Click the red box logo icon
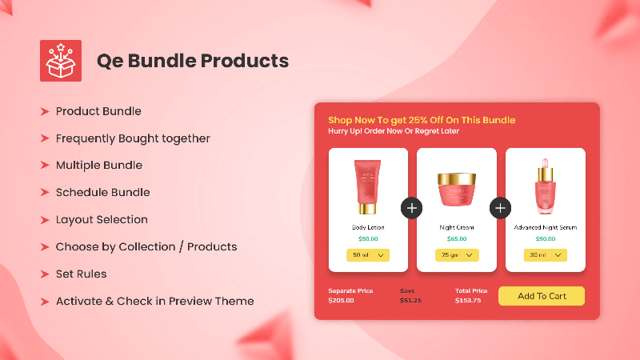coord(61,61)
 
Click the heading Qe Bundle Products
coord(193,61)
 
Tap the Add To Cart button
coord(542,296)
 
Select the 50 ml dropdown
coord(368,255)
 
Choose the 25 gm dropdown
coord(457,255)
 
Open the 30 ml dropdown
coord(546,255)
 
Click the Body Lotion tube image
coord(367,186)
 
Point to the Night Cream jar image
coord(457,190)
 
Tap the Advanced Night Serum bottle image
coord(546,186)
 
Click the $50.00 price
coord(368,238)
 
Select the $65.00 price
coord(457,238)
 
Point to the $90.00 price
coord(546,238)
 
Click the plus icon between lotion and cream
coord(412,208)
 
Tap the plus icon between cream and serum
coord(501,208)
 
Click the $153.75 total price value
coord(468,301)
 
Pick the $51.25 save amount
coord(410,301)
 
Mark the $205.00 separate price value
coord(342,301)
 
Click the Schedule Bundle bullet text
coord(103,192)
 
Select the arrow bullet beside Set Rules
coord(45,274)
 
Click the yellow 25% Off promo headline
coord(422,120)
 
